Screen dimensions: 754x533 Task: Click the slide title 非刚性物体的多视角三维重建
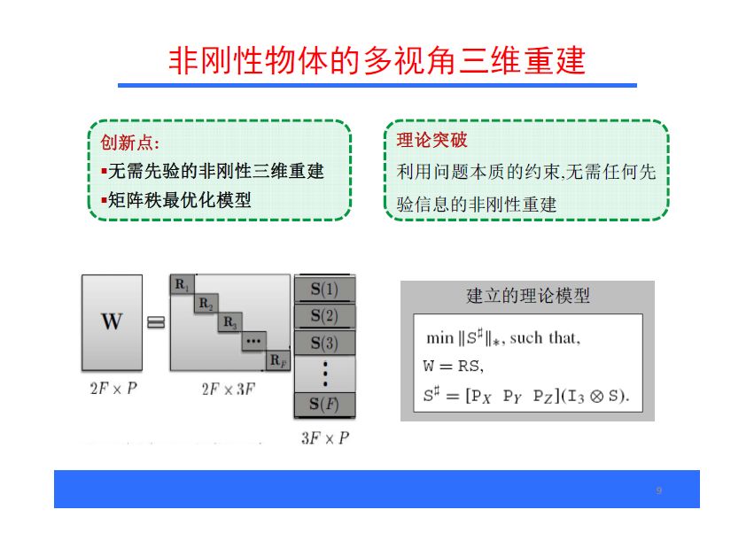(x=377, y=61)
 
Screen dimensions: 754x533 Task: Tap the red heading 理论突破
(x=431, y=141)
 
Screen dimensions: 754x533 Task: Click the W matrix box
(x=112, y=321)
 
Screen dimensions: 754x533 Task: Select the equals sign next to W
(x=156, y=322)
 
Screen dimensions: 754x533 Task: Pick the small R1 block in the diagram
(x=182, y=285)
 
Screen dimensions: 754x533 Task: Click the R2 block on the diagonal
(x=206, y=304)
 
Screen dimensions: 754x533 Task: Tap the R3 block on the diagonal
(x=230, y=322)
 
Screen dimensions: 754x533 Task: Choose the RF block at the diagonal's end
(x=278, y=360)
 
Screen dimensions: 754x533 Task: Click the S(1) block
(x=323, y=290)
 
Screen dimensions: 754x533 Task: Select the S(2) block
(x=323, y=316)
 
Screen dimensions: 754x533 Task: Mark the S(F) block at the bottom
(x=323, y=405)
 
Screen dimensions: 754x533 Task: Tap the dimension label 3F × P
(x=324, y=437)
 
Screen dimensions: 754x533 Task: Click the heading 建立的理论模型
(x=528, y=296)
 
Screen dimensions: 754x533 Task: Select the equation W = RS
(x=453, y=366)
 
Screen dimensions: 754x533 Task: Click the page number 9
(x=658, y=491)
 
